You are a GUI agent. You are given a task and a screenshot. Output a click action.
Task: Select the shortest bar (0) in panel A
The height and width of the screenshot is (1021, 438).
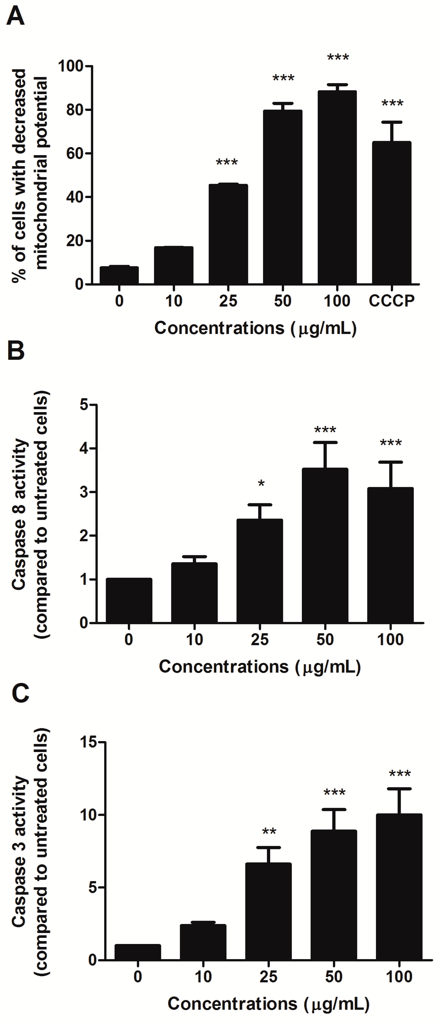point(119,275)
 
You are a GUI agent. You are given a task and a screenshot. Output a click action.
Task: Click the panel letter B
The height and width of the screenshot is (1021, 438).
point(16,351)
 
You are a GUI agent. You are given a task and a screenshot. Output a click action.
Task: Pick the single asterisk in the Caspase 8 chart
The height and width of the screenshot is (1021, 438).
point(261,484)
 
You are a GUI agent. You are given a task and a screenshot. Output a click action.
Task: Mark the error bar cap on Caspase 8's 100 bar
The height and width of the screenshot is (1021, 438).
point(391,462)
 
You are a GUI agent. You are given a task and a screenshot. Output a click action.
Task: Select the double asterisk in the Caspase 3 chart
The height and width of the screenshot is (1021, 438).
point(269,831)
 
